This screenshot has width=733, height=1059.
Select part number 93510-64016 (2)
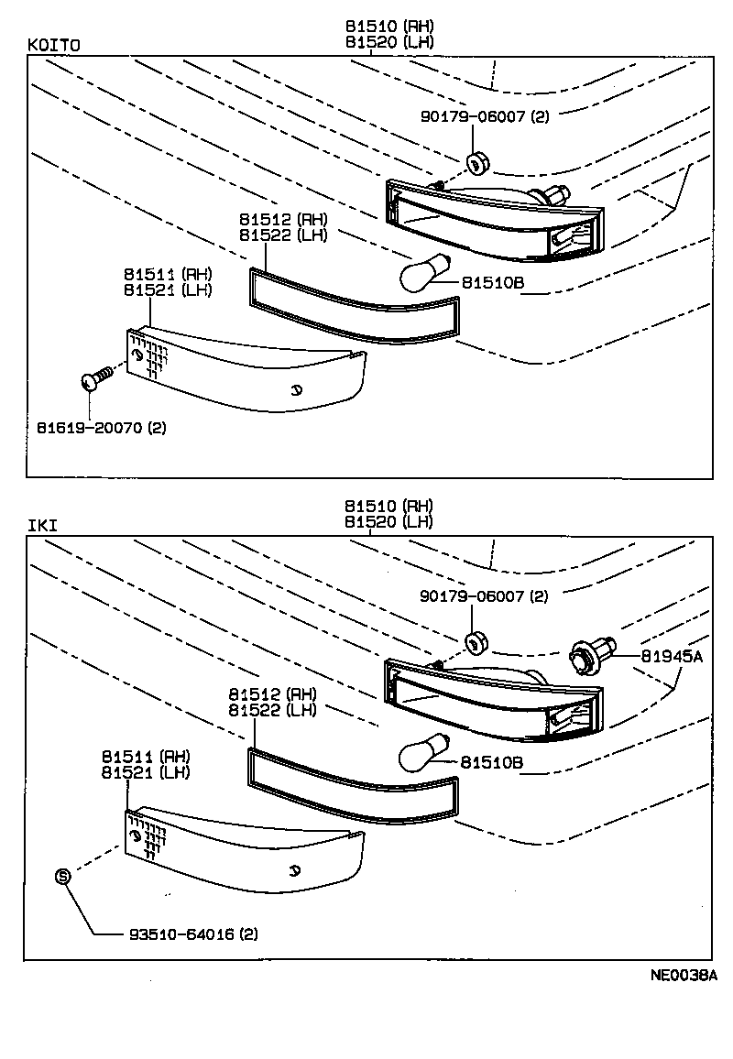(x=192, y=934)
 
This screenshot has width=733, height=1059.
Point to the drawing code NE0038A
(x=683, y=976)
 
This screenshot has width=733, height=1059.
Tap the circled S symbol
(x=63, y=876)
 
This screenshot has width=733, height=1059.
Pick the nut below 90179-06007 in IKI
(x=475, y=644)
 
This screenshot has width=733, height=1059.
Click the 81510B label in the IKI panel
(x=491, y=761)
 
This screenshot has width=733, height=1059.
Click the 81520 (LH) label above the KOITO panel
(x=388, y=41)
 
